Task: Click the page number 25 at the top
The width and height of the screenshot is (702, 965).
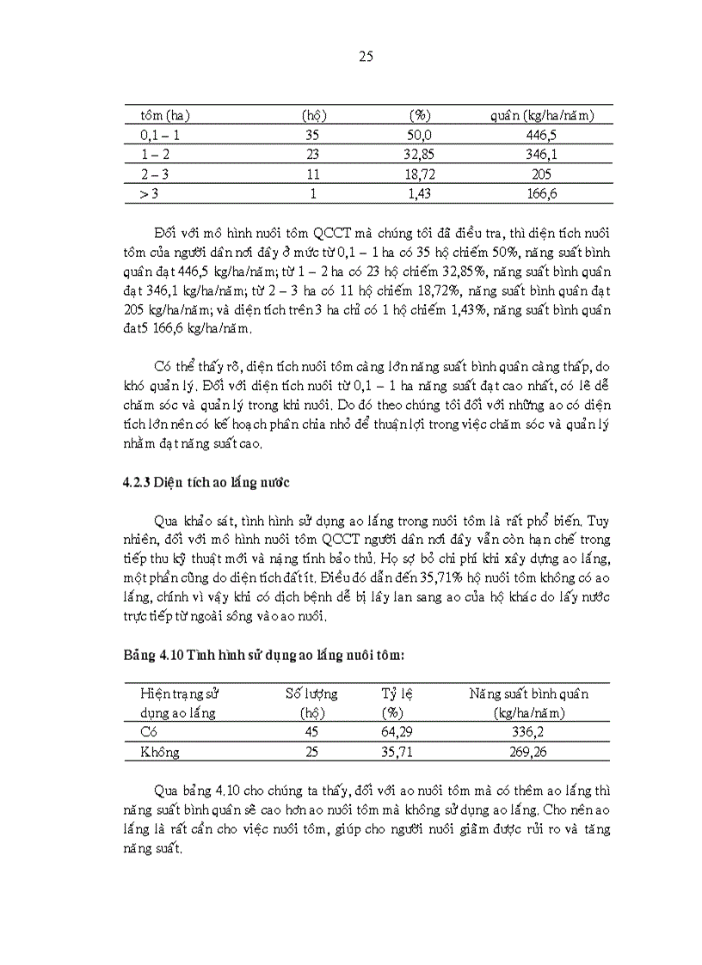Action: click(364, 58)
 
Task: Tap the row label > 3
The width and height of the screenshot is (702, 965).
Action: click(149, 194)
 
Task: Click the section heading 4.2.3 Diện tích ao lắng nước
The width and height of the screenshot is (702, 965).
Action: click(206, 482)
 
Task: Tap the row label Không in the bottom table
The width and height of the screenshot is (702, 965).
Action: click(160, 752)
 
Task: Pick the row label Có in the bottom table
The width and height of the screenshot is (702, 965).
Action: click(149, 732)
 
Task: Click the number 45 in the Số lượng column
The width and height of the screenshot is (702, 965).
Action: click(311, 732)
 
